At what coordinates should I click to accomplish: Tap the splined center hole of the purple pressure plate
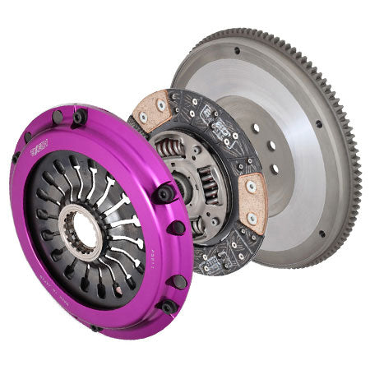(81, 230)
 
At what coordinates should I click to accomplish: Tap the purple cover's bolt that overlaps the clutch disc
(164, 193)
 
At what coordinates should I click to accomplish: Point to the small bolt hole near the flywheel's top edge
(237, 50)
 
